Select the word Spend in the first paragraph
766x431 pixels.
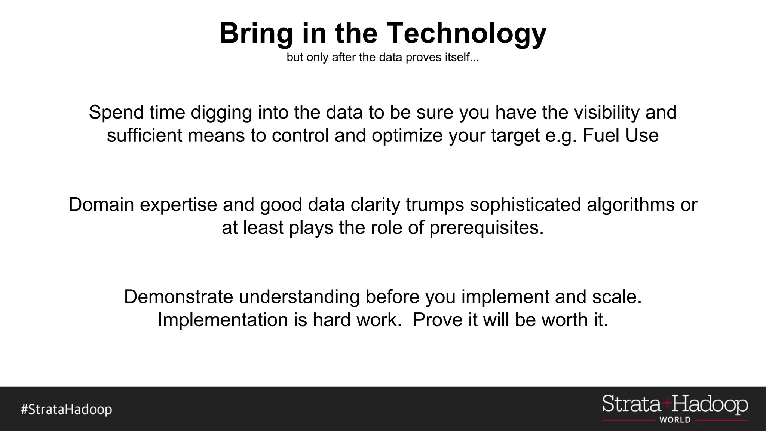point(116,113)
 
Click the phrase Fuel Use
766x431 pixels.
point(621,135)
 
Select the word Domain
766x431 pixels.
point(101,205)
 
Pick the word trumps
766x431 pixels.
point(435,205)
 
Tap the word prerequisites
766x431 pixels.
point(486,228)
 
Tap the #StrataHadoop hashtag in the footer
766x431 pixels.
point(66,409)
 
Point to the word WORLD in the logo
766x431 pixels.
point(675,420)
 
